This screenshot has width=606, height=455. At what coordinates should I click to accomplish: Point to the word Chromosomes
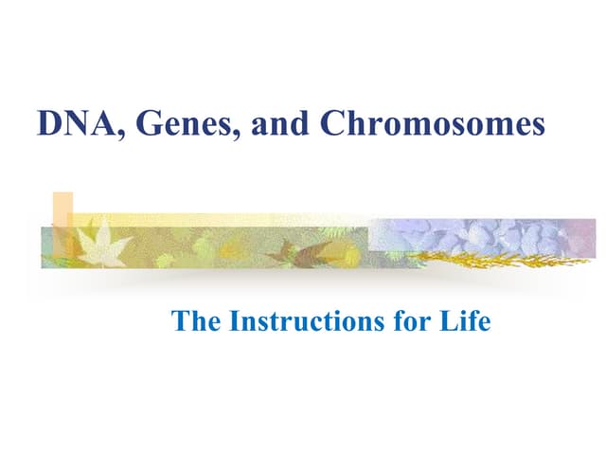(x=433, y=125)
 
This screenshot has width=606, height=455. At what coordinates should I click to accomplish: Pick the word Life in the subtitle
(x=469, y=322)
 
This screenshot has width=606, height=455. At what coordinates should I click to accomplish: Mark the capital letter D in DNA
(x=47, y=125)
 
